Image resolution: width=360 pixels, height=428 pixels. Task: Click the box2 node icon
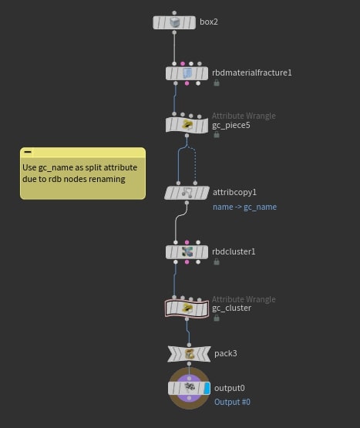coord(174,22)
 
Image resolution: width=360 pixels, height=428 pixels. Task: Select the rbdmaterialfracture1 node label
coord(251,72)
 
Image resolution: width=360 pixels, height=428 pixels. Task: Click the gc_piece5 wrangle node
coord(187,125)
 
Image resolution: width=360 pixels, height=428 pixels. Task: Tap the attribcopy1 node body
coord(187,193)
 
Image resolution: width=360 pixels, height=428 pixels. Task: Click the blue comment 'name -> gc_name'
coord(244,207)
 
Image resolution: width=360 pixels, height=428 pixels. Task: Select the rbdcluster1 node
coord(187,252)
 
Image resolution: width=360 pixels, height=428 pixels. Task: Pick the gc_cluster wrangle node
coord(187,308)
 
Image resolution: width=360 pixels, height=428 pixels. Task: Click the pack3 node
coord(189,354)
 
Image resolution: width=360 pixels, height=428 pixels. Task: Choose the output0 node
coord(189,388)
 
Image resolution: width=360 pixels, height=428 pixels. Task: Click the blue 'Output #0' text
coord(232,402)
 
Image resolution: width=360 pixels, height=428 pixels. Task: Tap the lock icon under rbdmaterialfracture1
coord(217,83)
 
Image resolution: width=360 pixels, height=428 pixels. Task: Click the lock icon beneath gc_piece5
coord(217,134)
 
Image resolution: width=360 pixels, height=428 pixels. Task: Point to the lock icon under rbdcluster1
coord(217,261)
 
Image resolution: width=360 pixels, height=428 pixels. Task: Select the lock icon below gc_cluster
coord(217,318)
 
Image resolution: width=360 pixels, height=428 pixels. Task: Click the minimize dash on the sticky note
coord(28,152)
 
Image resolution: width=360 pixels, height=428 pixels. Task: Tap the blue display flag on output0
coord(207,388)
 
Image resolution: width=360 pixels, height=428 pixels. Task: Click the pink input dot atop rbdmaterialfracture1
coord(183,63)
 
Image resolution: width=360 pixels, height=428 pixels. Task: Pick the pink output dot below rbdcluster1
coord(187,262)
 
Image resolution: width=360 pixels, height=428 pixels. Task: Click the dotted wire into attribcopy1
coord(195,163)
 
